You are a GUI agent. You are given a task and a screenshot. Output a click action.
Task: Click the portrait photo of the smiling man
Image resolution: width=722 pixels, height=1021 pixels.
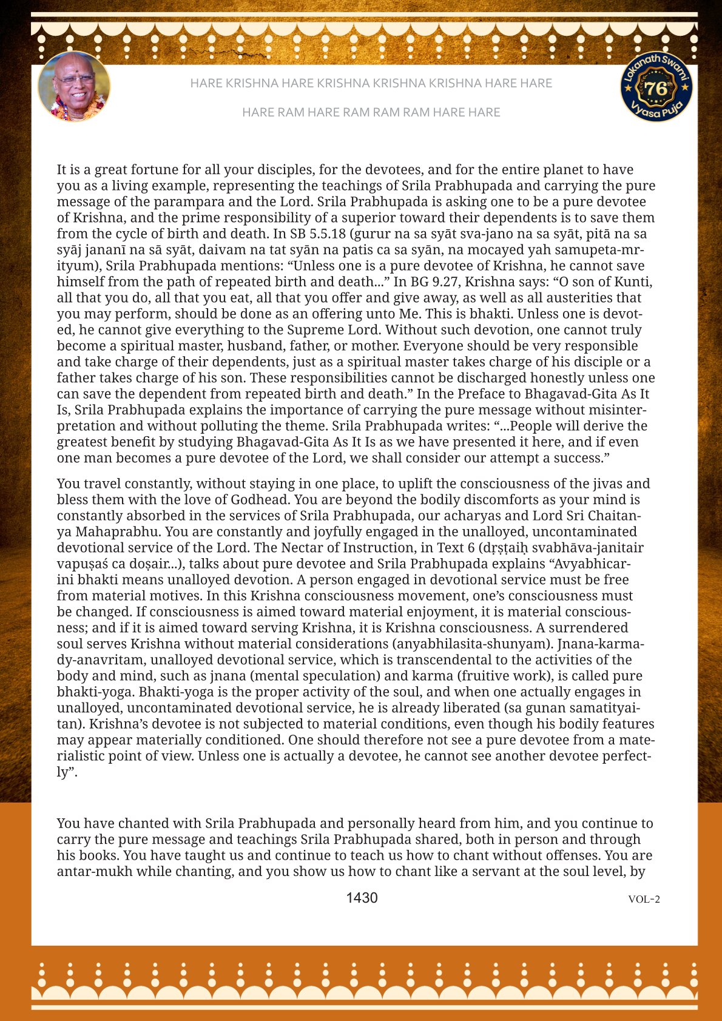[x=74, y=86]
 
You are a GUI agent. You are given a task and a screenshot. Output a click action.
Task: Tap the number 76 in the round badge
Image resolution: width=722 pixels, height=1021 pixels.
[x=656, y=89]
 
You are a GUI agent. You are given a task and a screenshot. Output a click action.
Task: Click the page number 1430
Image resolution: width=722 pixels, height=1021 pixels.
[x=362, y=898]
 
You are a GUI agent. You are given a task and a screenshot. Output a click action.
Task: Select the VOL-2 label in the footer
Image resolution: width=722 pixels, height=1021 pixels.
[x=644, y=899]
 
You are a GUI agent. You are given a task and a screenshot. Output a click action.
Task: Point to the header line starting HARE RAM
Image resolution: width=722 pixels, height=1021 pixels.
[x=371, y=112]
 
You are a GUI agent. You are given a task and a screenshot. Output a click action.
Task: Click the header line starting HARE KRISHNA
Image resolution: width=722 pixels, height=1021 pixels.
[x=371, y=83]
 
